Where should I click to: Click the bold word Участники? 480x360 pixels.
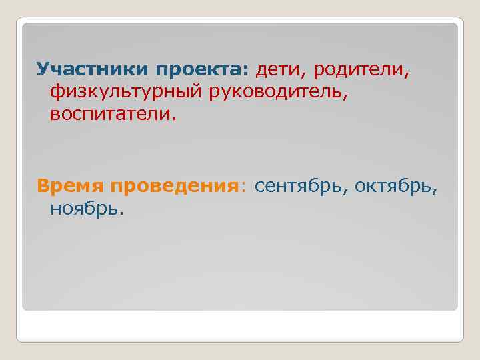coord(93,69)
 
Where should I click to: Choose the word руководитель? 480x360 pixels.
coord(277,93)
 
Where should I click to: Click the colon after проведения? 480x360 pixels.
coord(243,187)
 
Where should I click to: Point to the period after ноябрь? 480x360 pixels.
coord(121,213)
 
